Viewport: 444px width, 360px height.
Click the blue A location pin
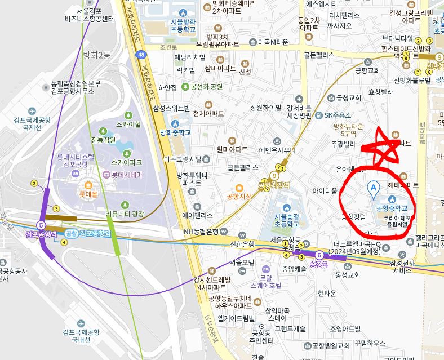372,188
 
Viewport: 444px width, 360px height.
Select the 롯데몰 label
88,194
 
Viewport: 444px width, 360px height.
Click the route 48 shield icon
141,55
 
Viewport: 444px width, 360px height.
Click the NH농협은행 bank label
201,232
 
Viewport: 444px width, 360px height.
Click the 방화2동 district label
97,55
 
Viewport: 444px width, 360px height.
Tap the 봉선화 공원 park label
206,87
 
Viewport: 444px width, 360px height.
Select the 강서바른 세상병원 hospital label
299,112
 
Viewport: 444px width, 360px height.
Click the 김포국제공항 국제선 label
33,123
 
